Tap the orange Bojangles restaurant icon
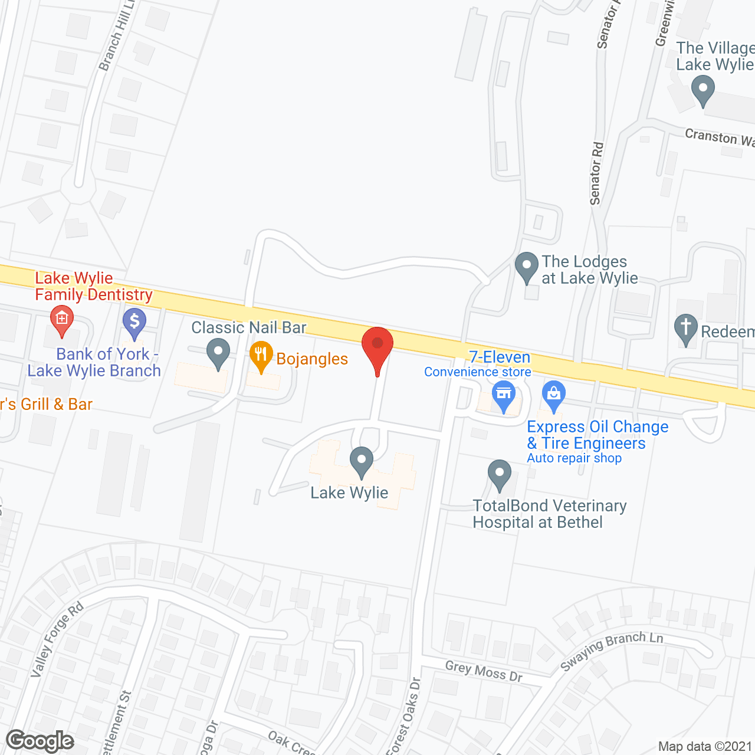(x=261, y=354)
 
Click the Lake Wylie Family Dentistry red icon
(x=61, y=319)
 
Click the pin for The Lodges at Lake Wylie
(x=526, y=267)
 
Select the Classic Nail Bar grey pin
(x=218, y=353)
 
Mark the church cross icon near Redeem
(x=685, y=328)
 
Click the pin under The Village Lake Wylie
(x=703, y=92)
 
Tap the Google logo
(x=40, y=741)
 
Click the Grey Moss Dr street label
(x=484, y=671)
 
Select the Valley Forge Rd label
(x=57, y=640)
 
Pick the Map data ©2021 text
(x=705, y=747)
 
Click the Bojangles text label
(x=312, y=359)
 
